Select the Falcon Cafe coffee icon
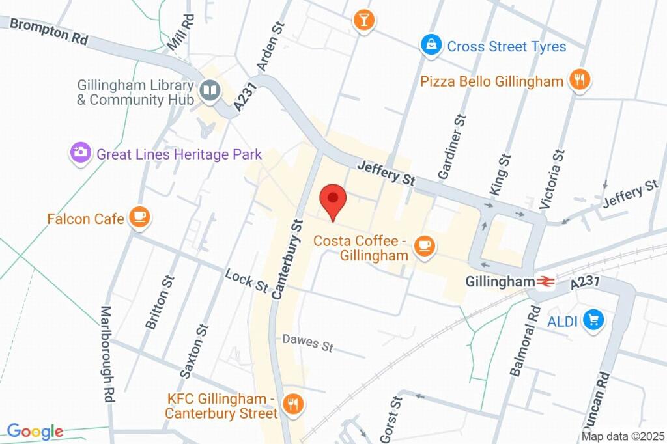[x=139, y=217]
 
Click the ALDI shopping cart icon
[x=593, y=320]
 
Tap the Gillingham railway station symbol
[x=545, y=282]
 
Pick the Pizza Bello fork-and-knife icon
[x=578, y=80]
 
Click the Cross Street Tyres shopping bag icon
[x=431, y=45]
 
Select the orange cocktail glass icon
[x=363, y=19]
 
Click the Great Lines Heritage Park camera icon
[x=81, y=154]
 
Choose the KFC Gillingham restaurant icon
[x=294, y=404]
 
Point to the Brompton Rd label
[x=49, y=31]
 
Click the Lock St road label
[x=247, y=281]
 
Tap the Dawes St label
[x=308, y=342]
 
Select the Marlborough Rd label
[x=107, y=354]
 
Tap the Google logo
[x=35, y=431]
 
